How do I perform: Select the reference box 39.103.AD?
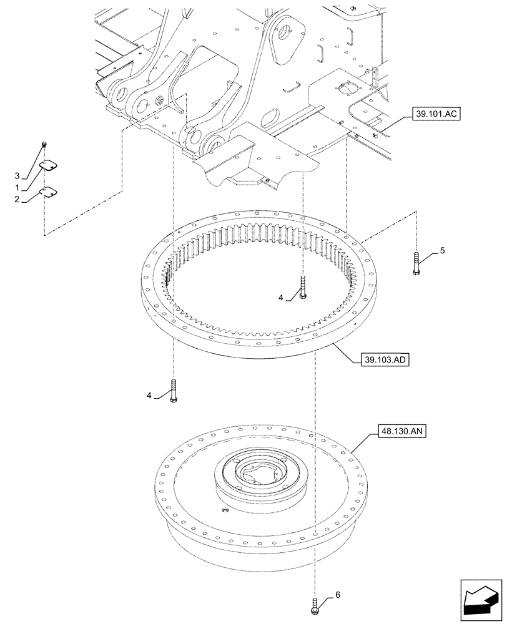(x=383, y=360)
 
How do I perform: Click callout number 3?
(x=18, y=175)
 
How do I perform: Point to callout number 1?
(x=18, y=187)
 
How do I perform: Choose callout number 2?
(x=18, y=199)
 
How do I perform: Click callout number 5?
(x=442, y=250)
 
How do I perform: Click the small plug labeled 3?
(x=44, y=145)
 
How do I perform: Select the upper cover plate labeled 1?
(x=47, y=165)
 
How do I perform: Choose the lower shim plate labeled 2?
(x=47, y=190)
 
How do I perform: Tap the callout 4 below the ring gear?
(x=149, y=394)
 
